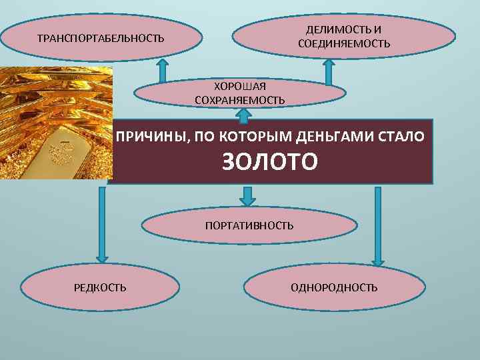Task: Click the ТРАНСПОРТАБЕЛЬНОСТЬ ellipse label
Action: (101, 38)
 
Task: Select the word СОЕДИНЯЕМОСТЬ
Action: (344, 44)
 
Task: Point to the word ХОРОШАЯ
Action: (239, 87)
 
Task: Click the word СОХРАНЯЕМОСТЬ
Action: (239, 100)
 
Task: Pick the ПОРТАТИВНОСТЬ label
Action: (249, 226)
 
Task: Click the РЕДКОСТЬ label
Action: (100, 287)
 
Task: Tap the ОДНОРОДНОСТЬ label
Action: (334, 287)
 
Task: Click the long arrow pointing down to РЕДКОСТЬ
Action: (101, 223)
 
